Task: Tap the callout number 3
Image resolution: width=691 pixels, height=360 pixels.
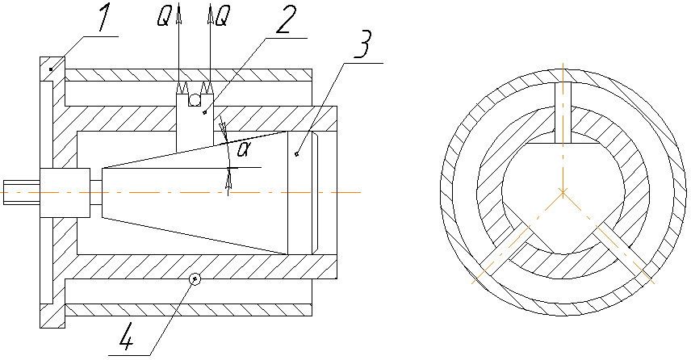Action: (x=363, y=44)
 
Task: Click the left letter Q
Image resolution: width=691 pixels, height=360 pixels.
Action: (x=164, y=18)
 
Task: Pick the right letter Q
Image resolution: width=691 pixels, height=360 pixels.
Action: (x=223, y=18)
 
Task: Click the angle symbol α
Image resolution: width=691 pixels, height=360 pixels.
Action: (x=243, y=150)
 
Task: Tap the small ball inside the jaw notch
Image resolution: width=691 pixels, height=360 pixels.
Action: (x=195, y=100)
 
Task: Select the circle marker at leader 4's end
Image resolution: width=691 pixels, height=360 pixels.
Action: (x=195, y=278)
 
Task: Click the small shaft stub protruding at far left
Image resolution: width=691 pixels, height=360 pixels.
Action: (x=22, y=193)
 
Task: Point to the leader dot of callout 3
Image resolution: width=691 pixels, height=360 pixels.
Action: (x=296, y=154)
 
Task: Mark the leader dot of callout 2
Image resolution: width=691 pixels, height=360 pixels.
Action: (x=204, y=113)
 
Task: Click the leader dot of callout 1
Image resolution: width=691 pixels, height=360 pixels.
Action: (x=51, y=69)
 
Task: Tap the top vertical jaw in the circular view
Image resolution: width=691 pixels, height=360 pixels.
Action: (x=563, y=113)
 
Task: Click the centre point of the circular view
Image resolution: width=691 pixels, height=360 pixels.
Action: (x=563, y=192)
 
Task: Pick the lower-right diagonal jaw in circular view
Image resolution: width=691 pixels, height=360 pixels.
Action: (x=622, y=250)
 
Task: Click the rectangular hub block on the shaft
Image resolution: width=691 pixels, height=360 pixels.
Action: (x=65, y=193)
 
